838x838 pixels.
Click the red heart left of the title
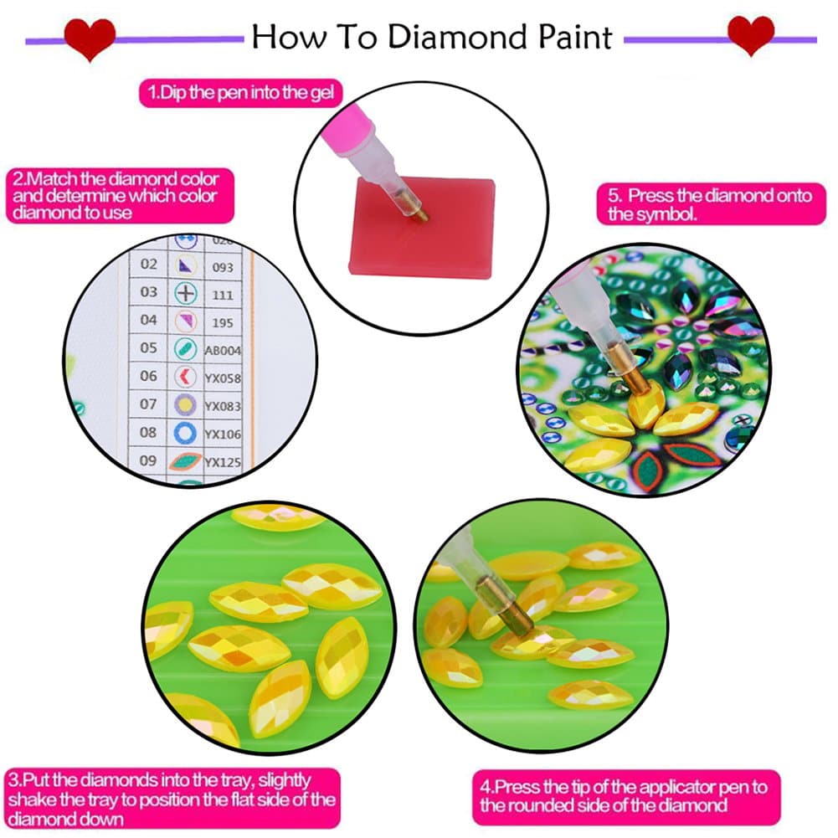click(90, 38)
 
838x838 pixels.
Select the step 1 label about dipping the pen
click(240, 93)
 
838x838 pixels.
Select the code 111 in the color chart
click(221, 294)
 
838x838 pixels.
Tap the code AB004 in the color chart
click(222, 351)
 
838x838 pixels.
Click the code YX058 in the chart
click(222, 378)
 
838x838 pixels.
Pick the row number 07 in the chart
click(148, 404)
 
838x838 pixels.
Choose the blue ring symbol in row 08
click(185, 433)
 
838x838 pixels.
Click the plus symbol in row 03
click(185, 293)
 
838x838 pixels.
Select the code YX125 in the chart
click(222, 460)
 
